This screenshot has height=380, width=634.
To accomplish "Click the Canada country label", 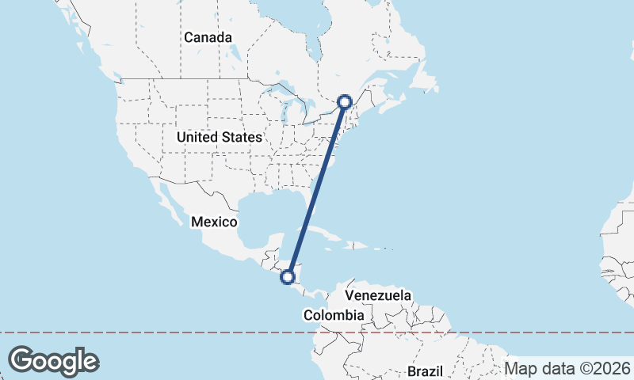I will [208, 37].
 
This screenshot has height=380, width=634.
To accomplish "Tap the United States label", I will [219, 137].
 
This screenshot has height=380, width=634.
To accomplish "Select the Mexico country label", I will [214, 222].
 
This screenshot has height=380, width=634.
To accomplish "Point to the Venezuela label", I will [378, 295].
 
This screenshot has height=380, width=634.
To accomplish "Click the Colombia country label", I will [334, 315].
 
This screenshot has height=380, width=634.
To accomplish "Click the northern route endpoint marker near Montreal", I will [345, 101].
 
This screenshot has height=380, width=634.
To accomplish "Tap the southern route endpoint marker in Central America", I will [288, 277].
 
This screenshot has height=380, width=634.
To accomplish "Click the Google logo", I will [54, 361].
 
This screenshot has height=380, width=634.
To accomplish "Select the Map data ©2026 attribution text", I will [567, 368].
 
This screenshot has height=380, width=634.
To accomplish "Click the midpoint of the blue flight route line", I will [317, 189].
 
